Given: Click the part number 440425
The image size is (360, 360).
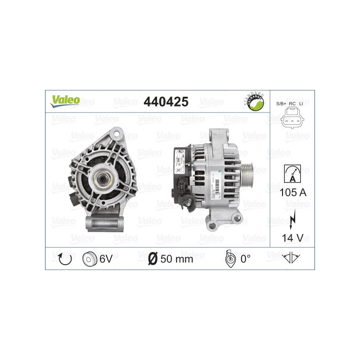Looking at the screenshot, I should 165,102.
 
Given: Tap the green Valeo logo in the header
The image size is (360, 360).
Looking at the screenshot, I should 65,101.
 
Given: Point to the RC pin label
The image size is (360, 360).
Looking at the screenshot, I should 292,103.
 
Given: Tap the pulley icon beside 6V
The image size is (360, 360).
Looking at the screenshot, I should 90,258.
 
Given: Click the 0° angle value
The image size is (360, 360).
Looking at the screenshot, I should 245,259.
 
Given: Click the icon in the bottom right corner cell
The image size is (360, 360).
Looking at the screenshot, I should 291,258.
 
